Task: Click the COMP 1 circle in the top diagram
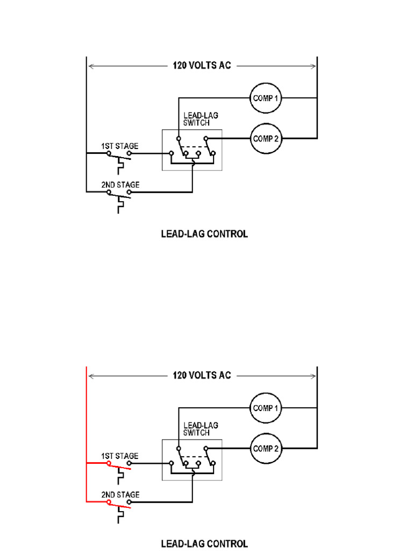266,98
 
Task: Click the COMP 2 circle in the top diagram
266,138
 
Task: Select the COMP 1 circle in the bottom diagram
266,408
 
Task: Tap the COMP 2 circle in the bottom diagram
266,448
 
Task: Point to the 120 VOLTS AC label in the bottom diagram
202,375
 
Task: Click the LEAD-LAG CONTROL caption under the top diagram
205,234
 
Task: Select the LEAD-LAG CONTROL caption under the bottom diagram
205,543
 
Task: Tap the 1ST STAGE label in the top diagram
120,146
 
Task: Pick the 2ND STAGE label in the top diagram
120,185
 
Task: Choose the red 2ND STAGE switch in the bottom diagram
119,504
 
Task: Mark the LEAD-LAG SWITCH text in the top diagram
201,119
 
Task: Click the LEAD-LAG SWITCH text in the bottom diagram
201,429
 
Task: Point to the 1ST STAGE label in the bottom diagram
120,456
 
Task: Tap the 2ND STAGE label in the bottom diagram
120,495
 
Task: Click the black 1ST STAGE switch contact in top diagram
119,155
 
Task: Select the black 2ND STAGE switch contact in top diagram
119,194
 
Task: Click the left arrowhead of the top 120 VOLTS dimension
91,66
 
